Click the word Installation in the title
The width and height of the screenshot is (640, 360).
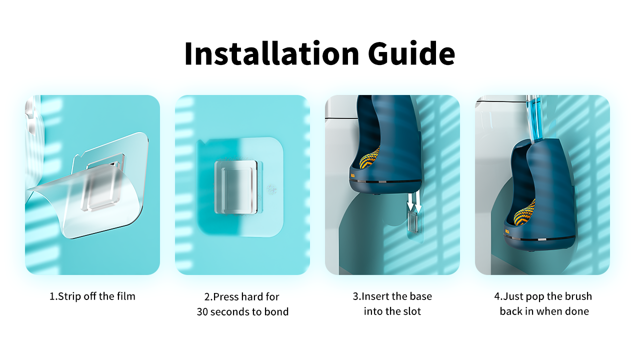[271, 53]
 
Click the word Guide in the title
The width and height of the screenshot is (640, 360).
[411, 53]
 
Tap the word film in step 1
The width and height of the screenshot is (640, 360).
[125, 296]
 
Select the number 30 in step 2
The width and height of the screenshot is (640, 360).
[202, 311]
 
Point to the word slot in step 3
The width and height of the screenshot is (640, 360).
[411, 311]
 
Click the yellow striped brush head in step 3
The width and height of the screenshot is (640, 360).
[369, 158]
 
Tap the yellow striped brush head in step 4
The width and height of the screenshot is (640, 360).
[525, 213]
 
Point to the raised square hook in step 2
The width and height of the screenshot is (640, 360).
[236, 187]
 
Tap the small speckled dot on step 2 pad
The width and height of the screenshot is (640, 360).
[271, 189]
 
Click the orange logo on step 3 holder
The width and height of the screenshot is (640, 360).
[353, 175]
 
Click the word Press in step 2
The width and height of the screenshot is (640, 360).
[226, 297]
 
